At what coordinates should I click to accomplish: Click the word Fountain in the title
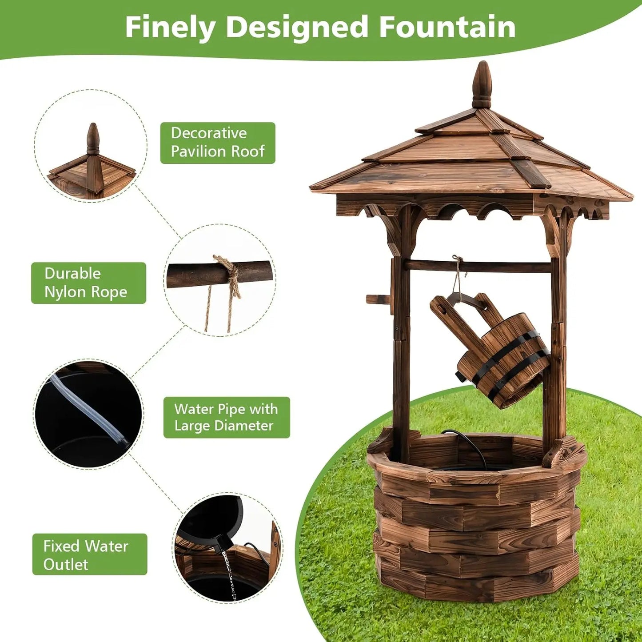[x=447, y=27]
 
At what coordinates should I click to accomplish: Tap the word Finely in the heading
[x=170, y=28]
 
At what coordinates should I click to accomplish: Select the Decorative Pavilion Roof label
[x=218, y=143]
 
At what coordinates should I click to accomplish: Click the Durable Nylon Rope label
[x=88, y=283]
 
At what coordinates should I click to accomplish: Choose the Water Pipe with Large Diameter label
[x=227, y=417]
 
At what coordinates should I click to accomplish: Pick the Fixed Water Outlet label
[x=89, y=554]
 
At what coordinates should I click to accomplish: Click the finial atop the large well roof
[x=482, y=84]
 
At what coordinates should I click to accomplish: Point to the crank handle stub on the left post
[x=378, y=299]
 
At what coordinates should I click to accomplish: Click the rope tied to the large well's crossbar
[x=456, y=275]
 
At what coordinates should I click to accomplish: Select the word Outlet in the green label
[x=66, y=564]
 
